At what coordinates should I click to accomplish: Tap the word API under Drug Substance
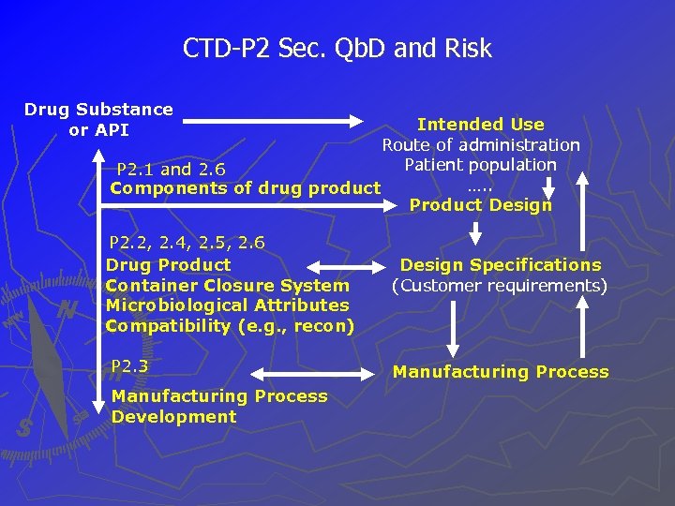point(112,130)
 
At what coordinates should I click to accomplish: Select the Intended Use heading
point(480,125)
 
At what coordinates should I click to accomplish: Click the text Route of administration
point(480,145)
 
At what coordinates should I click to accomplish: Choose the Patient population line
point(480,165)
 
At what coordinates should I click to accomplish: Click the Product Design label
point(480,205)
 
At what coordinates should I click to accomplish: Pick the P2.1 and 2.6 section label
point(171,170)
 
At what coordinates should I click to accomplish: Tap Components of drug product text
point(246,188)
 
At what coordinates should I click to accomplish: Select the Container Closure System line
point(227,285)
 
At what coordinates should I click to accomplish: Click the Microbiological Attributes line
point(227,305)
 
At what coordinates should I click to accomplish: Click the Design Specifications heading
point(501,265)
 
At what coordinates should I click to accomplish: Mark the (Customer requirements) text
point(500,285)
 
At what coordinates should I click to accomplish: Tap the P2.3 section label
point(130,365)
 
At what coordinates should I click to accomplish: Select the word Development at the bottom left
point(173,417)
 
